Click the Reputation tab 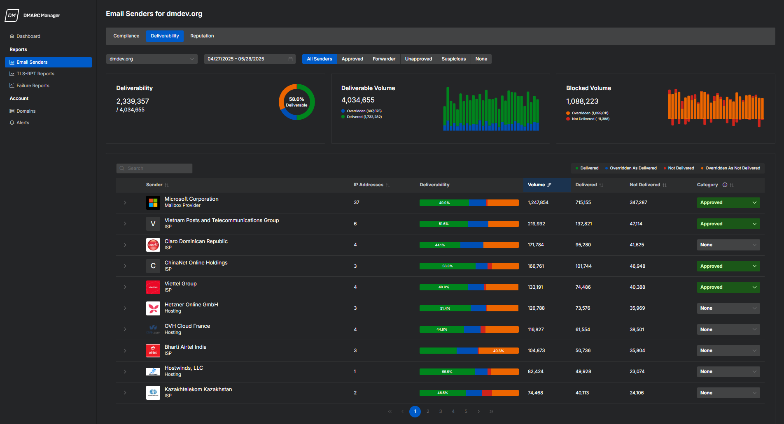click(202, 36)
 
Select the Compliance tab click(126, 36)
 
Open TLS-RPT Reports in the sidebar click(35, 74)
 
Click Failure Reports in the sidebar click(33, 86)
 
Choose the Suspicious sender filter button click(453, 59)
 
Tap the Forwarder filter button click(384, 59)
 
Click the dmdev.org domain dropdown click(152, 59)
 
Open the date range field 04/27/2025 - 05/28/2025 click(250, 59)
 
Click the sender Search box click(154, 169)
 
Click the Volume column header click(537, 185)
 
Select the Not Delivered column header click(644, 185)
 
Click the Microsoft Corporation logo click(153, 203)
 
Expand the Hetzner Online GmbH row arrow click(125, 308)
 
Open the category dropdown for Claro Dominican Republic click(728, 245)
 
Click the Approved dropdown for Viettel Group click(728, 287)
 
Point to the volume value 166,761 click(536, 266)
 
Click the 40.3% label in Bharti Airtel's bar click(498, 351)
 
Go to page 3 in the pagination click(441, 412)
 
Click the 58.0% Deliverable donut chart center click(296, 102)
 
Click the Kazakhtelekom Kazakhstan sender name click(198, 389)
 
